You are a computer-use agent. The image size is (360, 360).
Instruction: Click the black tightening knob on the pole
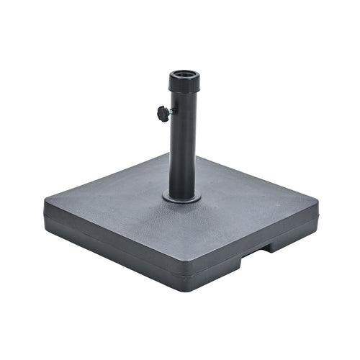coord(163,112)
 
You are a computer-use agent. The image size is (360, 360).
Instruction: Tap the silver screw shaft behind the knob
coord(170,111)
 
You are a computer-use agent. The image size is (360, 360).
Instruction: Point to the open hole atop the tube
coord(184,74)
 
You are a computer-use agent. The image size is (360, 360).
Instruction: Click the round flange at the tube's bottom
coord(182,197)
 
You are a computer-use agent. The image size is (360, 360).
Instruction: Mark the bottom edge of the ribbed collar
coord(184,91)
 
